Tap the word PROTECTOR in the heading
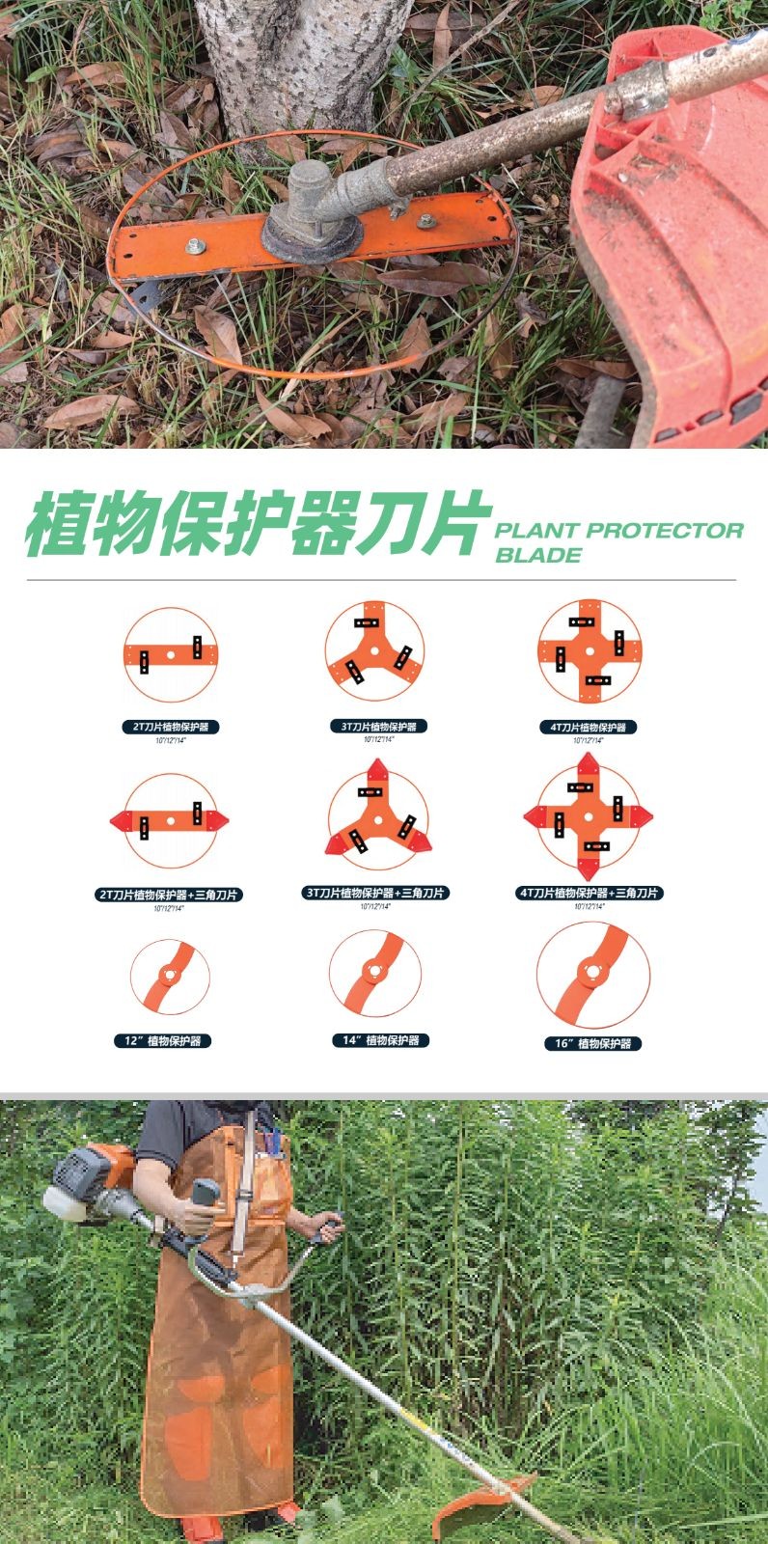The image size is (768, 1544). tap(665, 530)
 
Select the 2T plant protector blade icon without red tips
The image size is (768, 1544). tap(171, 654)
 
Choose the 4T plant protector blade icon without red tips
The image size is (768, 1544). tap(590, 651)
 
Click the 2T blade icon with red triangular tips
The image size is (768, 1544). tap(170, 820)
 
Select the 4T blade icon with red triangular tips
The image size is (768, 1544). tap(589, 816)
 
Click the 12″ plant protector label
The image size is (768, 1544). tap(164, 1041)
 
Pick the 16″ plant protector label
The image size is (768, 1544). tap(592, 1043)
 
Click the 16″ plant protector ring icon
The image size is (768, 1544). tap(592, 975)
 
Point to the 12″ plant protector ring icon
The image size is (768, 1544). tap(170, 977)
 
